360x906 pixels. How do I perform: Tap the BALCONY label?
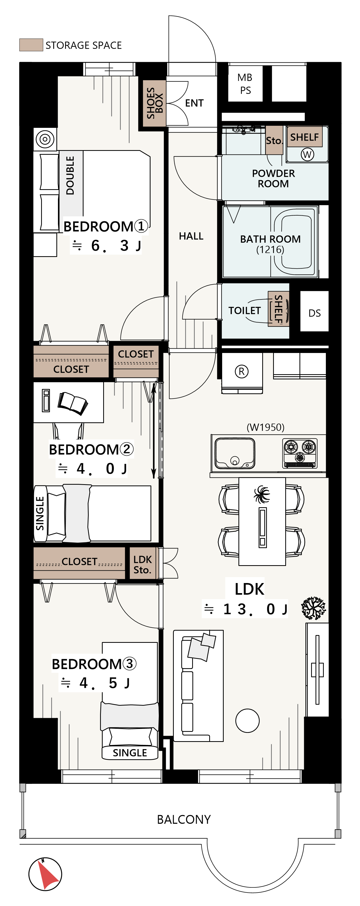(x=184, y=820)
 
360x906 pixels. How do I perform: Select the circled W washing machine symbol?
(x=307, y=154)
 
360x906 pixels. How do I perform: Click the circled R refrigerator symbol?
(x=242, y=371)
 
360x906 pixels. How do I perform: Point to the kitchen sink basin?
(x=235, y=453)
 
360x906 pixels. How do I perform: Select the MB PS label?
(x=245, y=84)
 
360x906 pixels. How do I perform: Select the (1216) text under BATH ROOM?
(x=270, y=250)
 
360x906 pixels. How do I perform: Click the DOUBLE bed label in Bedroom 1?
(x=70, y=175)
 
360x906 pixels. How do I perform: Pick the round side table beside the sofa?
(x=248, y=721)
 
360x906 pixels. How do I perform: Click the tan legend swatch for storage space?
(x=31, y=45)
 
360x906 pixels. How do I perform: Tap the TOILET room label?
(x=244, y=311)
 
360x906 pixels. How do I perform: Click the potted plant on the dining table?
(x=262, y=494)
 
